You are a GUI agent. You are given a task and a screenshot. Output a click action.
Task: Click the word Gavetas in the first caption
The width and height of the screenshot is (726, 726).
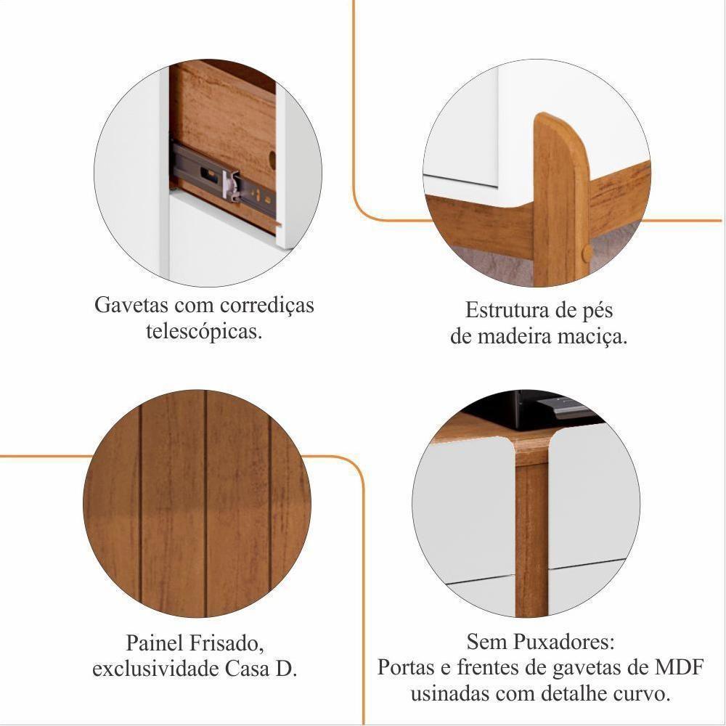(131, 305)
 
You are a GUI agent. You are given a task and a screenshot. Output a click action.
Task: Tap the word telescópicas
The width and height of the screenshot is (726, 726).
(204, 332)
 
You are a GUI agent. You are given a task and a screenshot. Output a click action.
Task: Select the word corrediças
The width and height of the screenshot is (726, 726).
(267, 306)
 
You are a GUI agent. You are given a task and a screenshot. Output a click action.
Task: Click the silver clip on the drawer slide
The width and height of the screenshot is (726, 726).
(231, 185)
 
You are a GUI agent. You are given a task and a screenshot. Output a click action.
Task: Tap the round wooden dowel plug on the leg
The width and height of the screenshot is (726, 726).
(587, 252)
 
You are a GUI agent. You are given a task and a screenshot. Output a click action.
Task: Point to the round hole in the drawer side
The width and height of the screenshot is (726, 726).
(272, 160)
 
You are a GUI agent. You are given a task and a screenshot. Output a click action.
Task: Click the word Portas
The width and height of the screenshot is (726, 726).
(404, 668)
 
